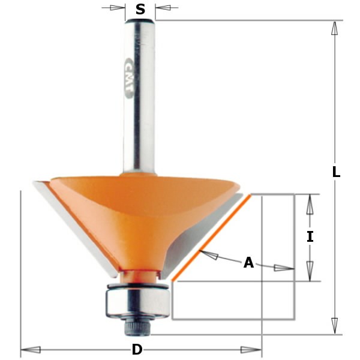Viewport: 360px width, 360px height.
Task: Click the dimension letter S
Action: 140,9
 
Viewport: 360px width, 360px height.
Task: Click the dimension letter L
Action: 336,172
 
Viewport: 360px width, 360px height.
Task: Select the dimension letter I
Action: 310,237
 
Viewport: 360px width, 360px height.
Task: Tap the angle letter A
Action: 248,263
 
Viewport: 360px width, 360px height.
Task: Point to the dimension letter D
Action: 137,350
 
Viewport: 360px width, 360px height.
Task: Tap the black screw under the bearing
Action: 136,327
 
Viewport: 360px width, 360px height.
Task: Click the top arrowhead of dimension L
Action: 334,28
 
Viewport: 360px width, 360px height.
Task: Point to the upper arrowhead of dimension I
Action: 310,205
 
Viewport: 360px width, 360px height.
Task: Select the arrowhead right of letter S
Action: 163,8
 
